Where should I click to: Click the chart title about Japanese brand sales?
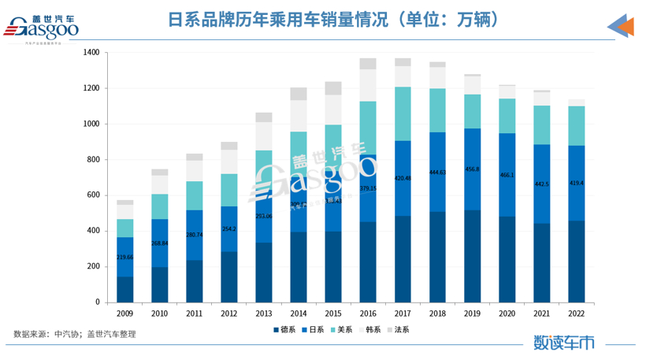[322, 20]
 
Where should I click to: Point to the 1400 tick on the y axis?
[91, 53]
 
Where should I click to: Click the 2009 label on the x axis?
[124, 314]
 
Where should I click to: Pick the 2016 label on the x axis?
[368, 314]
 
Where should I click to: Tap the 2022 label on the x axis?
[576, 314]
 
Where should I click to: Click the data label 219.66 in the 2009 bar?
[124, 258]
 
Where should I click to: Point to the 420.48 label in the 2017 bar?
[403, 178]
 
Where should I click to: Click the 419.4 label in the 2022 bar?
[576, 183]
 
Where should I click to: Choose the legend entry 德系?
[284, 329]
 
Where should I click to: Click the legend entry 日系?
[314, 329]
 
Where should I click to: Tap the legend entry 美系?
[341, 329]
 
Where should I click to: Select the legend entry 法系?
[398, 329]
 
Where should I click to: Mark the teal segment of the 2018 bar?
[437, 110]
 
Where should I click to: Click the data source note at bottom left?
[76, 334]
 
